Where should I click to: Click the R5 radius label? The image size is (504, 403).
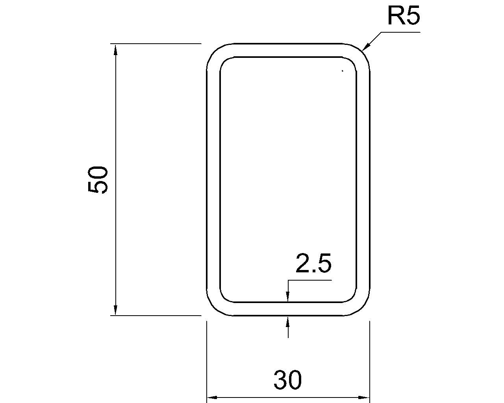(x=404, y=16)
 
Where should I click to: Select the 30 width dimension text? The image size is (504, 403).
(x=288, y=380)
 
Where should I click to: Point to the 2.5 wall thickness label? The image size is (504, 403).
(x=313, y=264)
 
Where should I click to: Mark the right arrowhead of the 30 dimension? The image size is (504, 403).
(x=365, y=397)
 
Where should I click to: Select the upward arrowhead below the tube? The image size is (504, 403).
(x=288, y=320)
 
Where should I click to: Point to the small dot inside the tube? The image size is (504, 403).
(x=343, y=71)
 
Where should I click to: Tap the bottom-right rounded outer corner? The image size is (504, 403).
(x=362, y=307)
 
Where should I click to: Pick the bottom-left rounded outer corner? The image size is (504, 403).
(x=215, y=307)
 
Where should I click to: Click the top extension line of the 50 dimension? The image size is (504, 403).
(x=157, y=43)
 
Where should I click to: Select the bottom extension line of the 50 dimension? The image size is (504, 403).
(x=157, y=315)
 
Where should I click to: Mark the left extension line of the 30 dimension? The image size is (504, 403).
(x=207, y=354)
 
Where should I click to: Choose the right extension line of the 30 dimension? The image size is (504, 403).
(x=370, y=354)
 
